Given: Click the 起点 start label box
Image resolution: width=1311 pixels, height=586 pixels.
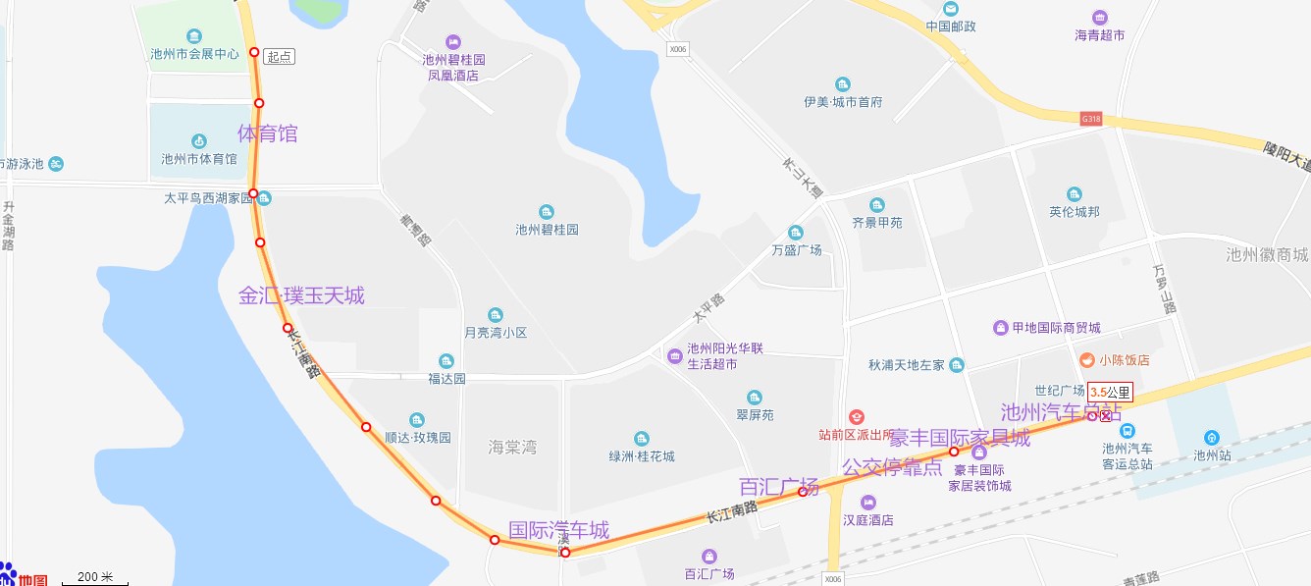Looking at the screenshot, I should click(280, 57).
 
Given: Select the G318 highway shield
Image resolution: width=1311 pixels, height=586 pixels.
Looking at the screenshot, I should click(1091, 118).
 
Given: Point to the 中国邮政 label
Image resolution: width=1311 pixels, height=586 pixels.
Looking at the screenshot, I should click(951, 27).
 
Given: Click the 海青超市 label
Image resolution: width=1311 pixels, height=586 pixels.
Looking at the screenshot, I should click(1099, 35).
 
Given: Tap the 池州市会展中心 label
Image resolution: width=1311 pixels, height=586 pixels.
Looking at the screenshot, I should click(194, 54).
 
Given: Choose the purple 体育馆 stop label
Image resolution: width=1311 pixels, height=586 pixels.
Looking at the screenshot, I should click(268, 133).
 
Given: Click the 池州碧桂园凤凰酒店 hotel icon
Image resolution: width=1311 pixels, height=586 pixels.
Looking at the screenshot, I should click(452, 42).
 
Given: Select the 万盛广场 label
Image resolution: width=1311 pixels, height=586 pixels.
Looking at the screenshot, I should click(797, 250).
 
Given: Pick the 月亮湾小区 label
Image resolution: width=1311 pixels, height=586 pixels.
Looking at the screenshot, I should click(496, 333).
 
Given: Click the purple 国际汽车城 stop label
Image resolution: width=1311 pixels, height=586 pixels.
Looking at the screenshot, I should click(558, 531).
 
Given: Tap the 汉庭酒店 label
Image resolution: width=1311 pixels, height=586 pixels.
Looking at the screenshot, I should click(868, 519).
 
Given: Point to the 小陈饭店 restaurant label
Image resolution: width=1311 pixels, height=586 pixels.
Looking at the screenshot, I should click(1124, 360).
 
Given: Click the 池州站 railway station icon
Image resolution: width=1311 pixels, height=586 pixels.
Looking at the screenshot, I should click(1212, 438).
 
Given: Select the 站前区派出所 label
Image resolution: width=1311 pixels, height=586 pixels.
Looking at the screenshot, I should click(857, 434).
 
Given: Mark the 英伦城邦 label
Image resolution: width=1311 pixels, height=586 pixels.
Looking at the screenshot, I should click(1075, 211).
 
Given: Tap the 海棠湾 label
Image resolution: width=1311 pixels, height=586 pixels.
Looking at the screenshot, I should click(512, 448).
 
